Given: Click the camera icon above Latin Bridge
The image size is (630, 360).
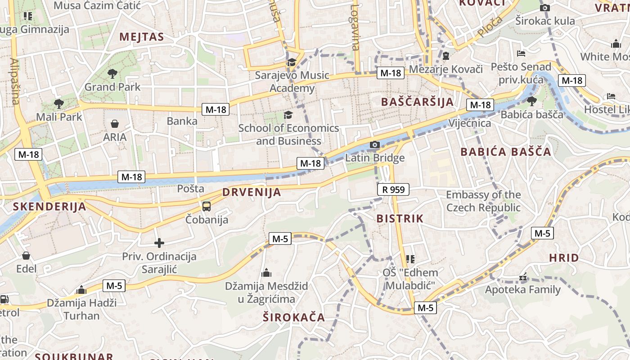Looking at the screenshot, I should coord(374,145).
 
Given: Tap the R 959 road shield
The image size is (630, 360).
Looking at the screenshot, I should coord(393,190).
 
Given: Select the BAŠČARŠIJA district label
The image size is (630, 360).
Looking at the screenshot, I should coord(417,102).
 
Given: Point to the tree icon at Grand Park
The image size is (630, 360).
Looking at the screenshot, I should coord(112,73).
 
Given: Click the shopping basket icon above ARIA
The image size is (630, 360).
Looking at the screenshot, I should coord(115,124).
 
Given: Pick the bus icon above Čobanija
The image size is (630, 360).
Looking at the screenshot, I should coord(207,207).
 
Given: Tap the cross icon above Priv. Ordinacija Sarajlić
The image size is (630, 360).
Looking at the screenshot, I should coord(159,243).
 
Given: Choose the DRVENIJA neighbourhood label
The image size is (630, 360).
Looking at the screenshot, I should coord(252,193).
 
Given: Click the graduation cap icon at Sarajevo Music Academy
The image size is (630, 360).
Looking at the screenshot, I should coord(292,63).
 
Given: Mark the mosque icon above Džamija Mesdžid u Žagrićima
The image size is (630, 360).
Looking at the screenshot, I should coord(266,273).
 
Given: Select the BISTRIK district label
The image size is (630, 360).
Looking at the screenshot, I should coord(400,219).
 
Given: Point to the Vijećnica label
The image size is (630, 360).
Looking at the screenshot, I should coord(470,123).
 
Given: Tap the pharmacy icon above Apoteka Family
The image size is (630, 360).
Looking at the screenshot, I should coord(523,277).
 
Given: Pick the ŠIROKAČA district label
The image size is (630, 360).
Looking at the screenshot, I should coord(294,317).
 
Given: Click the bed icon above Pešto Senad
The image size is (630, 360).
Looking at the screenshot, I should coord(521,54).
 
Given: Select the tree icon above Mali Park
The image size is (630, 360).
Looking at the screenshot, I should coord(58,104).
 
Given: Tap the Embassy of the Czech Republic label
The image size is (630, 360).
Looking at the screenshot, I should coord(483,201).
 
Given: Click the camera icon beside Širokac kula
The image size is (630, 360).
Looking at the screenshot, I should coord(544,8).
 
